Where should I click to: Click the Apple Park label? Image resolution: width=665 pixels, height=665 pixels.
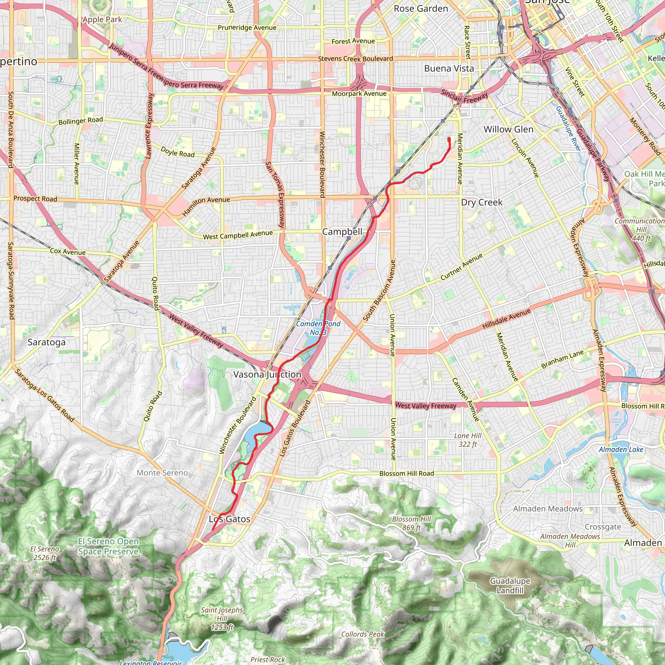102,19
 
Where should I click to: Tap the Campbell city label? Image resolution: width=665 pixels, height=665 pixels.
342,232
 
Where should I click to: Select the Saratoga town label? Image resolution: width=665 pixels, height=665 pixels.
46,342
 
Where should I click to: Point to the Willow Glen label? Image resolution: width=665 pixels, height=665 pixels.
508,130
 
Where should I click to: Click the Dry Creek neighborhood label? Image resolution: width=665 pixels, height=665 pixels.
482,202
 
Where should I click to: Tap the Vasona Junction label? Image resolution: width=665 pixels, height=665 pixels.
267,374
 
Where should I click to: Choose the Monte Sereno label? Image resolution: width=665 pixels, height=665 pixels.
162,472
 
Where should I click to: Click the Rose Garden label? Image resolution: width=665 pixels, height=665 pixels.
420,9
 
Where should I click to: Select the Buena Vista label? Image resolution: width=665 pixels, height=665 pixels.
449,69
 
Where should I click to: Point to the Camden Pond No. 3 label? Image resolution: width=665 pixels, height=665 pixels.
318,328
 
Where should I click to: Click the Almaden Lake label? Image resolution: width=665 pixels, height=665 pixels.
621,449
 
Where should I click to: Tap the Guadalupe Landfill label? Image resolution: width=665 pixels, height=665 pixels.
510,585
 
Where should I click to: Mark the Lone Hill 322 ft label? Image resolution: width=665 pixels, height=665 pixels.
468,440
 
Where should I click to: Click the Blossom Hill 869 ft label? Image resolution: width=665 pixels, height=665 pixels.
412,523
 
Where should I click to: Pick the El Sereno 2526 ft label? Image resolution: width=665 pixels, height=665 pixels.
44,553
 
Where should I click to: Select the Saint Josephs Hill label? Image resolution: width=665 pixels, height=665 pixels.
222,619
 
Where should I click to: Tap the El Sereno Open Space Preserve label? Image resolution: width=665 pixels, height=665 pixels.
108,546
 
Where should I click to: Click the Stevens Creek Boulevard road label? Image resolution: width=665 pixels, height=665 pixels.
355,59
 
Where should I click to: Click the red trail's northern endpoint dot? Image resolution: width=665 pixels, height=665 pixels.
449,139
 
